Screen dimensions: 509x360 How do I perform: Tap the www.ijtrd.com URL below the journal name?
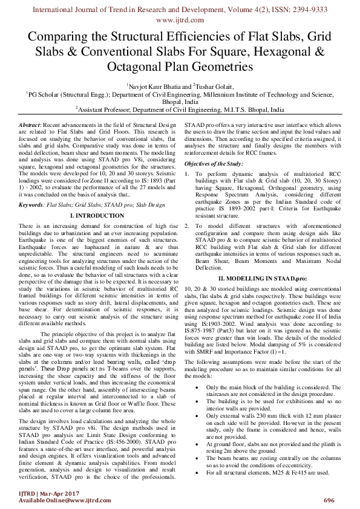(180, 19)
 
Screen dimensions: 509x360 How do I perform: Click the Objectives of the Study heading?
(214, 164)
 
